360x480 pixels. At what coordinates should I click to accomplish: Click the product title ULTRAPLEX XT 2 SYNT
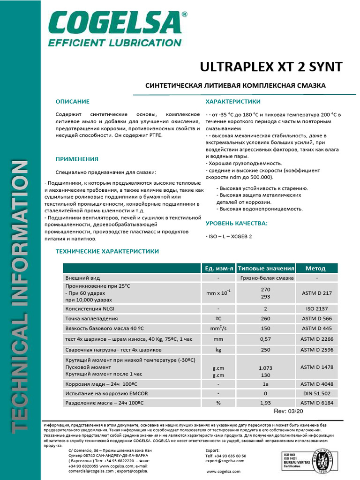click(x=271, y=67)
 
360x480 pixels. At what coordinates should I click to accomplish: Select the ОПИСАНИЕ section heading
click(x=72, y=101)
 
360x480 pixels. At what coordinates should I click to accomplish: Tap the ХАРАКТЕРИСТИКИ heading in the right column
click(x=233, y=101)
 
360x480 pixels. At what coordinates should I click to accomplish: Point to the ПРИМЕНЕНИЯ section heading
click(x=77, y=159)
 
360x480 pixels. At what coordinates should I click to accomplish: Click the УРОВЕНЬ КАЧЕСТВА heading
click(x=237, y=223)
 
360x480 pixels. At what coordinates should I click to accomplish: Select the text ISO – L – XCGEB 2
click(x=229, y=236)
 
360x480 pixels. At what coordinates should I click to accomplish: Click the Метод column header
click(x=315, y=268)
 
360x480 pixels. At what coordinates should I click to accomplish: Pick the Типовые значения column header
click(x=266, y=268)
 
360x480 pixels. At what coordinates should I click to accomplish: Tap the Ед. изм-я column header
click(x=218, y=268)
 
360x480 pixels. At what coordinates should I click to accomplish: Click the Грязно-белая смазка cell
click(x=266, y=277)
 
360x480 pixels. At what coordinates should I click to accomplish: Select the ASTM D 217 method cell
click(x=316, y=293)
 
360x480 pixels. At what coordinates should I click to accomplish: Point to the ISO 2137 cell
click(x=316, y=309)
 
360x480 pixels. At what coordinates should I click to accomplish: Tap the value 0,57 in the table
click(x=266, y=338)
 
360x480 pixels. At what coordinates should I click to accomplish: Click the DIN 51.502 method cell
click(x=316, y=393)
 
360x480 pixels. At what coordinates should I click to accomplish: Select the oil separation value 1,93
click(x=266, y=403)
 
